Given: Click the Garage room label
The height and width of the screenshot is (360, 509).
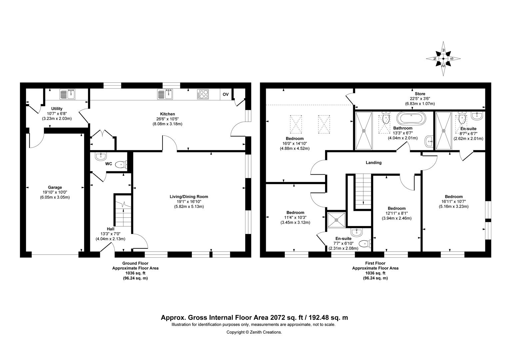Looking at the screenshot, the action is point(55,187).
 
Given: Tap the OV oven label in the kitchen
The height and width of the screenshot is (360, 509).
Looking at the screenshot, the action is point(226,94).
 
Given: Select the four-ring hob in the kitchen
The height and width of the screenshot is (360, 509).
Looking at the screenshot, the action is point(203,94).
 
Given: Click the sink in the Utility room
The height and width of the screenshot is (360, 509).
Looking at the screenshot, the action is point(68,94).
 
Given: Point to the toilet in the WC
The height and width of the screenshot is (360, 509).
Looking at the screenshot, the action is point(121,164).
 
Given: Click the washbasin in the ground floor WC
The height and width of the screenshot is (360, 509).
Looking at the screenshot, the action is point(101,156).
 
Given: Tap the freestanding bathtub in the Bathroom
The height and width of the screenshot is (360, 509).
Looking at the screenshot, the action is point(411,118).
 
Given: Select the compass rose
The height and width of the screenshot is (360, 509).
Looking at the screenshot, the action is point(443,59).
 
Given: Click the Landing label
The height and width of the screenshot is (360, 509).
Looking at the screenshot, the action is point(373,163).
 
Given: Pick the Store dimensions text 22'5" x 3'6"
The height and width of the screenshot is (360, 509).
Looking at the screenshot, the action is point(420,99).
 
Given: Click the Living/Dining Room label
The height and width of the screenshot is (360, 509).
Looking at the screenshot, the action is point(189,197).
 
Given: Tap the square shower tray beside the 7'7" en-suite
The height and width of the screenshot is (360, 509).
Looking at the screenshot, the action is point(336,220).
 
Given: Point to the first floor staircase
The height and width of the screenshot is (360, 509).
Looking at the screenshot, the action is point(363,191).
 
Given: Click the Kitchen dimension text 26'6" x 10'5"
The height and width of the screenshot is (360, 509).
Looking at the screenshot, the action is point(168,119).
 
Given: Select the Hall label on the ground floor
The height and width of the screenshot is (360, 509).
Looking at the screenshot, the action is point(111,229).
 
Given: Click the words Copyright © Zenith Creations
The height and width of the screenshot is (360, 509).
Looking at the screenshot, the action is point(254,332).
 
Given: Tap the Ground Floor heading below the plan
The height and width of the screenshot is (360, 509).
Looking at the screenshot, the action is point(135,263).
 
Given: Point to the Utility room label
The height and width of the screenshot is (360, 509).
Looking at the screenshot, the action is point(57,109).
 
